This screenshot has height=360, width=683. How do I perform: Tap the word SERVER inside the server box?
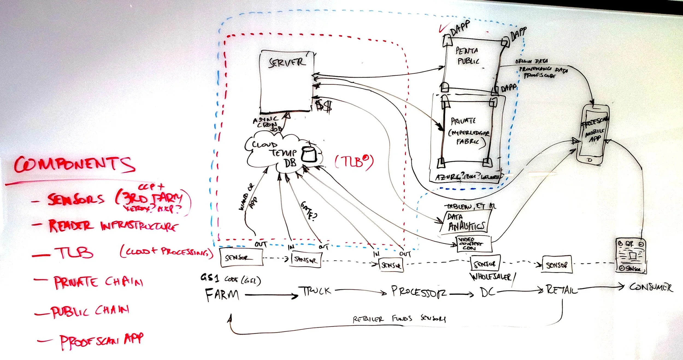coord(287,63)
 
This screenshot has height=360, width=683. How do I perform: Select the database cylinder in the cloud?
coord(309,154)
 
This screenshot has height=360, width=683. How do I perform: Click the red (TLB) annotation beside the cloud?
coord(354,162)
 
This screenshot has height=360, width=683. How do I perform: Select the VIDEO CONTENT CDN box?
coord(474,244)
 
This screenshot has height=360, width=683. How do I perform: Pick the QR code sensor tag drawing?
coord(631,256)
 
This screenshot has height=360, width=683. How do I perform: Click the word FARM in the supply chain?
coord(222,295)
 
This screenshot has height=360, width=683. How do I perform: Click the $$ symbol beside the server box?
coord(323,105)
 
